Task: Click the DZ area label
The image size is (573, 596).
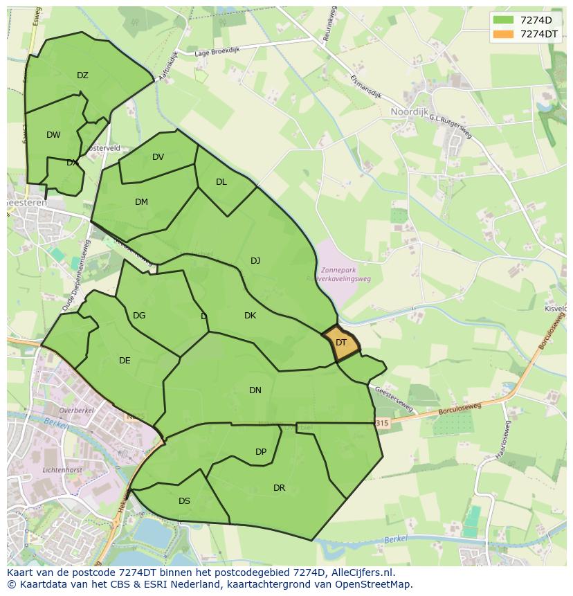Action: coord(82,75)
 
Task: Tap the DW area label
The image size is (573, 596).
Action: coord(53,135)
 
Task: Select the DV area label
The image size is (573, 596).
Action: coord(158,157)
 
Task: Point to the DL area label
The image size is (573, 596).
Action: coord(221,182)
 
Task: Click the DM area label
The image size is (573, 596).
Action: coord(141,202)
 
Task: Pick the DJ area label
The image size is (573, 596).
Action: coord(255,261)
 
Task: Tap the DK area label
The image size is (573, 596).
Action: coord(250,316)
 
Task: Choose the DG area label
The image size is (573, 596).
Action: coord(139,316)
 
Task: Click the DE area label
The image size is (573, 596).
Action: coord(125,361)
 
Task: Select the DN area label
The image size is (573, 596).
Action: coord(255,390)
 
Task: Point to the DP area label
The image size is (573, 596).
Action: coord(261,452)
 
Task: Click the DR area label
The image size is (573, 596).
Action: coord(279,488)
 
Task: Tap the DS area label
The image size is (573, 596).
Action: coord(184,501)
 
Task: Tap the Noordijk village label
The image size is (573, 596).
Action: coord(410,111)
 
